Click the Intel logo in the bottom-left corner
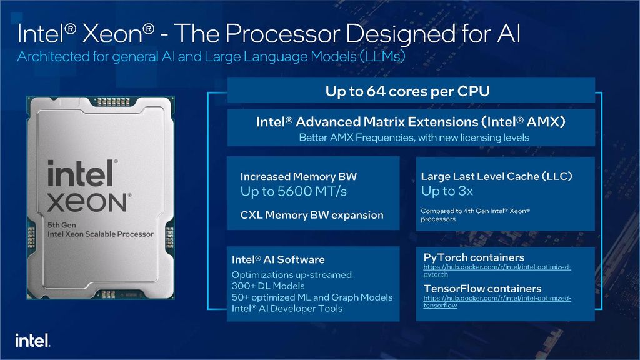32,341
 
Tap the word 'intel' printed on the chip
81,173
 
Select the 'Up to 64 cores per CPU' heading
407,91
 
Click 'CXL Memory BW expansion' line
312,215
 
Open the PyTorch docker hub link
497,271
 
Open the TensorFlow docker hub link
497,302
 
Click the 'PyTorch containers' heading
474,257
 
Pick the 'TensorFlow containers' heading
482,289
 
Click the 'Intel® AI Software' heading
278,259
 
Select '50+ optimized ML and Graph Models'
312,297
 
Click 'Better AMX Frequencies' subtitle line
414,137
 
